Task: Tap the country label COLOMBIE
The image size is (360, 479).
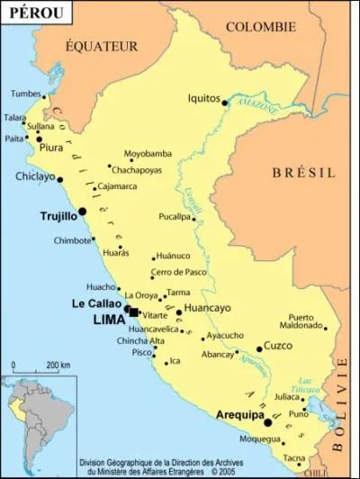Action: pyautogui.click(x=260, y=27)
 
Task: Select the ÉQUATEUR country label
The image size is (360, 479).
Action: pyautogui.click(x=101, y=45)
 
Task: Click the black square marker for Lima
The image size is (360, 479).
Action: pyautogui.click(x=133, y=312)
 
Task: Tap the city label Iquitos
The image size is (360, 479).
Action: pyautogui.click(x=204, y=97)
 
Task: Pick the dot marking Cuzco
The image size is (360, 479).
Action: pyautogui.click(x=259, y=348)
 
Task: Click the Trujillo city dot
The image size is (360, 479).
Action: pyautogui.click(x=83, y=212)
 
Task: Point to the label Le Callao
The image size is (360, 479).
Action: pyautogui.click(x=97, y=304)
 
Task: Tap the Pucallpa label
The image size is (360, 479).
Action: pyautogui.click(x=175, y=217)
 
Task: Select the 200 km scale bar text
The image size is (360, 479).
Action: pyautogui.click(x=58, y=364)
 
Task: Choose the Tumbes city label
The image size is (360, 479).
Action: pyautogui.click(x=26, y=94)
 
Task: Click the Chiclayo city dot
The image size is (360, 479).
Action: pyautogui.click(x=59, y=179)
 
